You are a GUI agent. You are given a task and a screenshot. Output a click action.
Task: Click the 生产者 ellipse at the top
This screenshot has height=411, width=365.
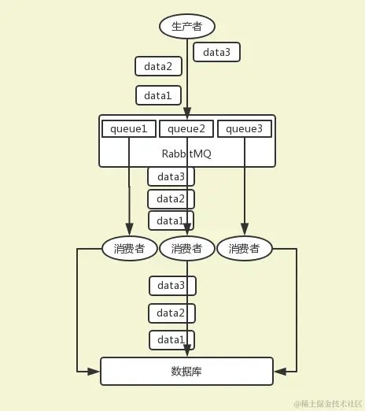coord(187,26)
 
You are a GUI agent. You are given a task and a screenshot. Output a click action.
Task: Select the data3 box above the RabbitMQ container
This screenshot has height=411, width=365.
coord(216,52)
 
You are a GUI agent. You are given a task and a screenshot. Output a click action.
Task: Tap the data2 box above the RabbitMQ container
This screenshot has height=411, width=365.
coord(158,66)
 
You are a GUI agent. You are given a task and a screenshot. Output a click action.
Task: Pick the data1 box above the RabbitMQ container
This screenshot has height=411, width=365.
coord(158,95)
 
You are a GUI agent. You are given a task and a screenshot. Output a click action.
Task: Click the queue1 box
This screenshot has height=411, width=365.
coord(129,128)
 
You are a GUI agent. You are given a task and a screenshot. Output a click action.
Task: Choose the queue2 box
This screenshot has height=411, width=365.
coord(186,128)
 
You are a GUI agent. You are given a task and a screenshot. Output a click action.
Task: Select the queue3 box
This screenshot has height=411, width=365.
coord(245,128)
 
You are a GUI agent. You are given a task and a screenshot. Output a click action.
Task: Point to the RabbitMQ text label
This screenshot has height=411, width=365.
coord(186,153)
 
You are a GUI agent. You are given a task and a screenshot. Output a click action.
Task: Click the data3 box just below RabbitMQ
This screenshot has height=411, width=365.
coord(171,176)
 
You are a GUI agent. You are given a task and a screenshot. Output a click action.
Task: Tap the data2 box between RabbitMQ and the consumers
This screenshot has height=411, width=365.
coord(171,198)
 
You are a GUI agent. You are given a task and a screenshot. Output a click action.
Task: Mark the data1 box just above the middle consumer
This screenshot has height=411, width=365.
coord(171,220)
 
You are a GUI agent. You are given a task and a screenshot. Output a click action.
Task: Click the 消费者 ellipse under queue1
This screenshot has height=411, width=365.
coord(129,249)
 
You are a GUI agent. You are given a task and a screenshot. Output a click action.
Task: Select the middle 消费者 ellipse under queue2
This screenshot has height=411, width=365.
coord(187,249)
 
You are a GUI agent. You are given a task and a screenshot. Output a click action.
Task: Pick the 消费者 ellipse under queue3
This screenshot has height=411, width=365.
coord(245,249)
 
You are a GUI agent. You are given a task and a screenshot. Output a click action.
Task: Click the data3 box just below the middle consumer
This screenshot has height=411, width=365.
coord(171,285)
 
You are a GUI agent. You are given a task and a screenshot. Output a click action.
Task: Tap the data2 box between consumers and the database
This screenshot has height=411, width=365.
coord(171,313)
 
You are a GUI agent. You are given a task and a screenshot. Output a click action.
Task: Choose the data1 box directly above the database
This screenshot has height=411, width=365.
coord(171,339)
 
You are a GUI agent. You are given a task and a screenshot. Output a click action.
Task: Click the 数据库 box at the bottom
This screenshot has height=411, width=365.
coord(186,371)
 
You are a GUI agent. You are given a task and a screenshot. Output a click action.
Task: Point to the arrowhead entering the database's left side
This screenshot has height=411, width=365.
coord(96,371)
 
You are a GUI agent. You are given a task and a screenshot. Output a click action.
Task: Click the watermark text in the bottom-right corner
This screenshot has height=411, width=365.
coord(328,403)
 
